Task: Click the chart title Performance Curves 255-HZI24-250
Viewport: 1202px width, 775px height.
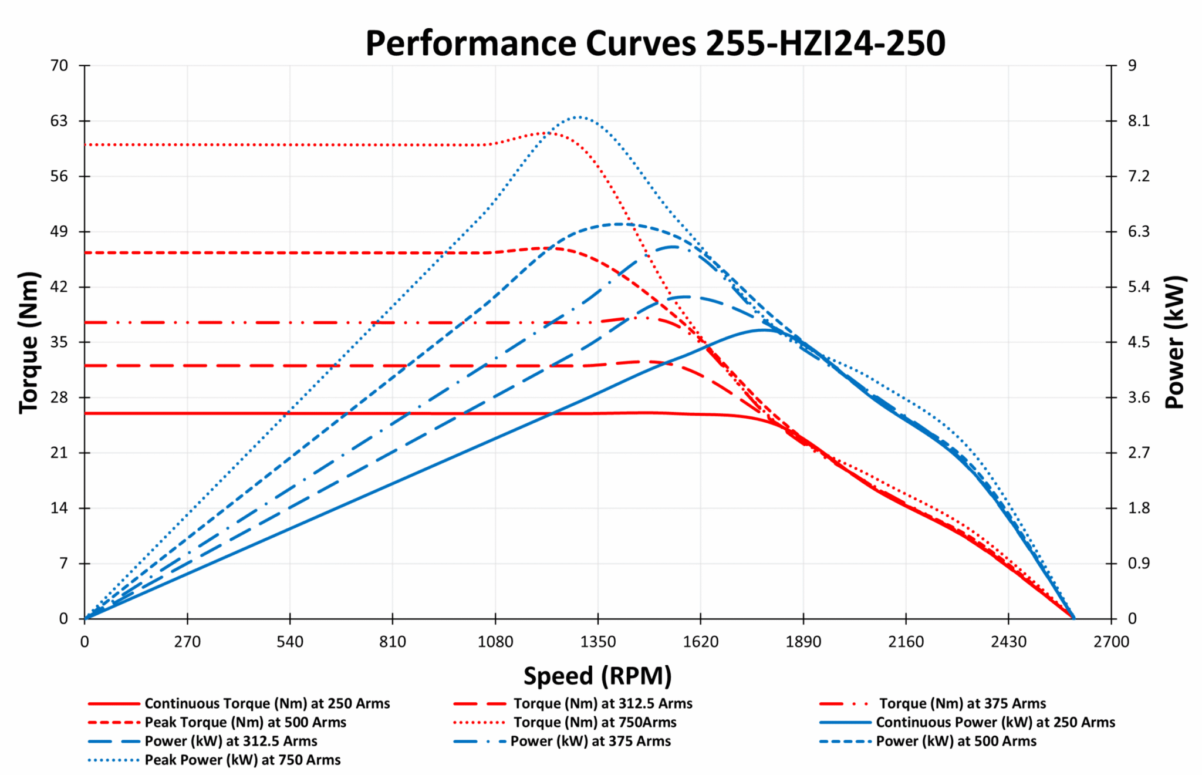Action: tap(655, 43)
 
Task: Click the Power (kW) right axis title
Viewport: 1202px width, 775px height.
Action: tap(1175, 342)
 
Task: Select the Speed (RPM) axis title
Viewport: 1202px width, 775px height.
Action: tap(597, 676)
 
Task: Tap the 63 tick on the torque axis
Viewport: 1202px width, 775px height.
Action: tap(59, 121)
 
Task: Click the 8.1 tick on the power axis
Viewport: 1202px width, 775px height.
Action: tap(1139, 121)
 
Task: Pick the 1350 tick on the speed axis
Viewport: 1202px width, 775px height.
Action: tap(597, 642)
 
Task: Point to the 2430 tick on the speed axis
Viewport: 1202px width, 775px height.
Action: tap(1008, 642)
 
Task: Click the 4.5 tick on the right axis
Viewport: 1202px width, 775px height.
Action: tap(1139, 342)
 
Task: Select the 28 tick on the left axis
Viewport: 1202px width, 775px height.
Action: tap(59, 397)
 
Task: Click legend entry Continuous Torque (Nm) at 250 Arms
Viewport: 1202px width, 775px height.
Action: tap(267, 703)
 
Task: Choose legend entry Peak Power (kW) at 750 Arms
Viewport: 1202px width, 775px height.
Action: tap(242, 760)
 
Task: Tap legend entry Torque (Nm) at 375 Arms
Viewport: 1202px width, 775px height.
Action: tap(963, 703)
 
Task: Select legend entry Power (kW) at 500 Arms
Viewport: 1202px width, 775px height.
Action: tap(956, 741)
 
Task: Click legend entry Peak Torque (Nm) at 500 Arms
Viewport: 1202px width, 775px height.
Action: tap(245, 722)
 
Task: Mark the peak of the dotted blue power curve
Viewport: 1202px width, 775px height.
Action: tap(578, 117)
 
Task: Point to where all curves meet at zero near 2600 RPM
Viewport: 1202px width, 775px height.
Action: tap(1073, 618)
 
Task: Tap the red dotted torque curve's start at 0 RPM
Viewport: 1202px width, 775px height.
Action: tap(86, 144)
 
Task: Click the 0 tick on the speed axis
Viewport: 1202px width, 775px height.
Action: tap(85, 642)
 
